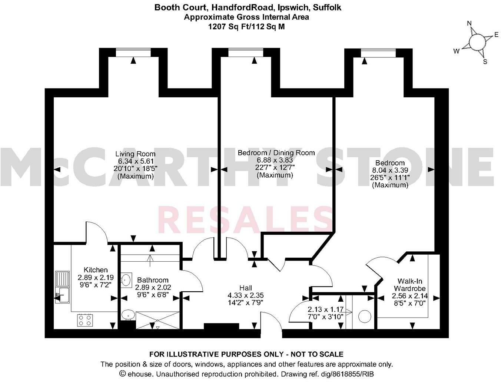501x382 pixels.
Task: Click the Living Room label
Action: (x=135, y=154)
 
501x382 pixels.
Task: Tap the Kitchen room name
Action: (x=96, y=270)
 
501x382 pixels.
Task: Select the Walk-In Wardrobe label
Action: (x=410, y=285)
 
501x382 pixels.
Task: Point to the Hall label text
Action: (x=246, y=288)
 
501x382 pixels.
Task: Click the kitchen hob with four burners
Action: (x=85, y=320)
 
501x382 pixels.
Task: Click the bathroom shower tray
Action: (x=158, y=320)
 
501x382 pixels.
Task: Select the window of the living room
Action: (x=133, y=52)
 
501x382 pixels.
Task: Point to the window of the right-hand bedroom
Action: (x=378, y=53)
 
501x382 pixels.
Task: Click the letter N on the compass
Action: (x=469, y=23)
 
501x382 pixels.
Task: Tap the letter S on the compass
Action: (x=485, y=62)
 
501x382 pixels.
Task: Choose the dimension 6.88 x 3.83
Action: (x=275, y=160)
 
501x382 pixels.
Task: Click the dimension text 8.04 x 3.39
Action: (x=390, y=170)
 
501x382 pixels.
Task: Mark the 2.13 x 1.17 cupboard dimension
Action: (x=325, y=309)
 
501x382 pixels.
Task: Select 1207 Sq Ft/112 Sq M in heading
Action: (x=246, y=27)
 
